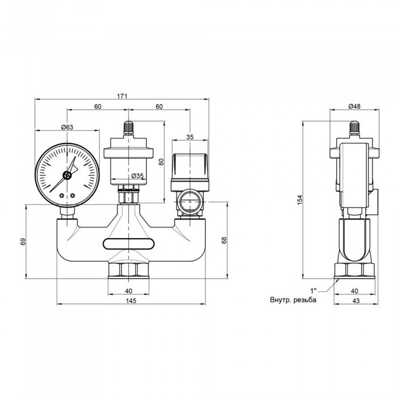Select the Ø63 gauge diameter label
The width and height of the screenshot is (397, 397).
[67, 127]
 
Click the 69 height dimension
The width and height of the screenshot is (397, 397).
[23, 242]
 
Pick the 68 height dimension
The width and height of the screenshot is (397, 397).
[223, 240]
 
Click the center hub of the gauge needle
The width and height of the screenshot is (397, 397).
[67, 175]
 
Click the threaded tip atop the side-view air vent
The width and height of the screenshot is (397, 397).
[355, 126]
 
